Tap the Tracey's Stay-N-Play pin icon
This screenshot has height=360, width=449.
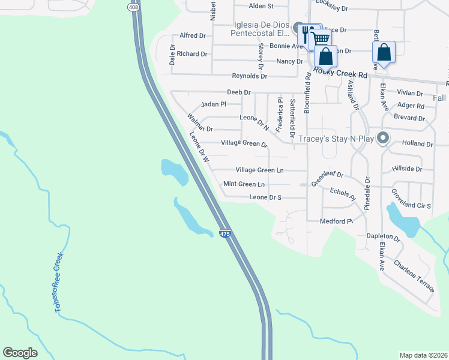pyautogui.click(x=384, y=139)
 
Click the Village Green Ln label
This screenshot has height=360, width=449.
pyautogui.click(x=259, y=170)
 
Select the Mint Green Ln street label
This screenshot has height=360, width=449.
pyautogui.click(x=244, y=184)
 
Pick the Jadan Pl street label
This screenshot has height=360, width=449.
pyautogui.click(x=214, y=104)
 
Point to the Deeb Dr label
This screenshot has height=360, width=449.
pyautogui.click(x=238, y=92)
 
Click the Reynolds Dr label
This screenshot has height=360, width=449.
pyautogui.click(x=250, y=76)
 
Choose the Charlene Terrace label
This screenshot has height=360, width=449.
pyautogui.click(x=414, y=276)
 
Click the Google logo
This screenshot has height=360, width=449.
pyautogui.click(x=20, y=353)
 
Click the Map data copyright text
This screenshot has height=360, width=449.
pyautogui.click(x=423, y=355)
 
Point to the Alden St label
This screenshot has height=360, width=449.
pyautogui.click(x=261, y=6)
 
